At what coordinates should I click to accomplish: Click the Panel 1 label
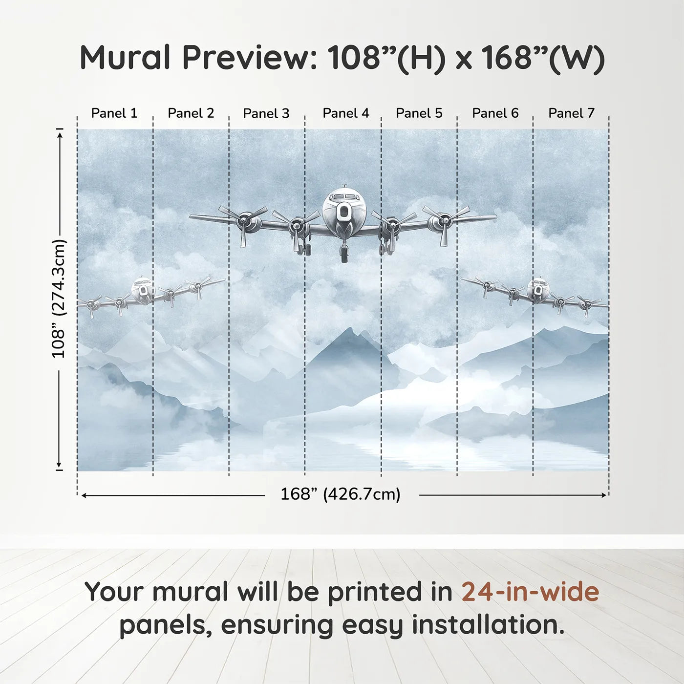(x=114, y=113)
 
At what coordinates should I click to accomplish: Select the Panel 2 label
(x=191, y=113)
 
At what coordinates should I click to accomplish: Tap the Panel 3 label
(x=266, y=113)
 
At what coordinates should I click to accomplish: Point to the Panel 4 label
(x=345, y=113)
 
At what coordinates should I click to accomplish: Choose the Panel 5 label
(x=419, y=113)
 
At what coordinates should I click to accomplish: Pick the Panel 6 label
(x=495, y=113)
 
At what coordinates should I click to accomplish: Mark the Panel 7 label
(x=571, y=113)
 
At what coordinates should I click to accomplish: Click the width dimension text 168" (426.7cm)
(x=340, y=494)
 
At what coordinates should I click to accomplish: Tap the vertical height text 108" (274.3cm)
(x=59, y=299)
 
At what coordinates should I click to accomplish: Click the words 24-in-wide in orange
(x=530, y=592)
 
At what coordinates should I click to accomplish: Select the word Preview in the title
(x=250, y=58)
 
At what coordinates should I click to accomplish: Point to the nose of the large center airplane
(x=344, y=212)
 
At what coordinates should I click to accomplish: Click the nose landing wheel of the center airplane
(x=344, y=254)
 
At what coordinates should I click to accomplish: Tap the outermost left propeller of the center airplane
(x=243, y=223)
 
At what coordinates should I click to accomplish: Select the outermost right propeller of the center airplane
(x=445, y=223)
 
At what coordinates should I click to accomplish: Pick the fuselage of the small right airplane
(x=538, y=290)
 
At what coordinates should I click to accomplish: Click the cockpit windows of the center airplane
(x=344, y=196)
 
